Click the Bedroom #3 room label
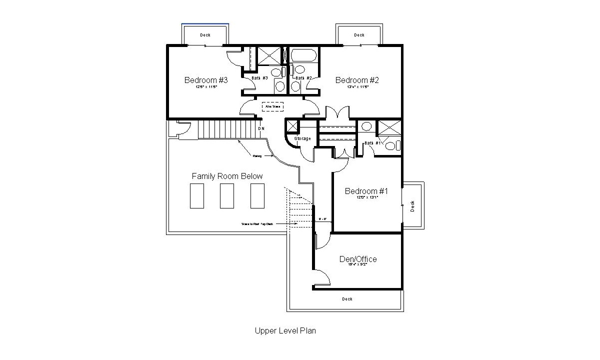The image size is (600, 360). point(206,80)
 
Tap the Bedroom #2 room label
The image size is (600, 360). point(357,80)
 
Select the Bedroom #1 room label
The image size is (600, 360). point(366,191)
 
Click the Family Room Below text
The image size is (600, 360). point(227,176)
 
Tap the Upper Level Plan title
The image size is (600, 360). point(285,330)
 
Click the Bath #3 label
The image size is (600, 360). point(259,78)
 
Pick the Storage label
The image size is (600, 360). point(302,138)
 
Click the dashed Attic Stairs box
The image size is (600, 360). point(273,106)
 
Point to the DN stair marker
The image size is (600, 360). point(261,128)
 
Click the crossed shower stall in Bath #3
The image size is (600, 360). point(269,55)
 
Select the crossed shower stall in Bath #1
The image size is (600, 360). point(388,127)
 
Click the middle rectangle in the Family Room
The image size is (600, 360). point(227,195)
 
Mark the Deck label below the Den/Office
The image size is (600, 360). point(347,299)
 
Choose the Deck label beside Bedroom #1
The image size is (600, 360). point(412,206)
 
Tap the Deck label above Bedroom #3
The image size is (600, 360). point(205,35)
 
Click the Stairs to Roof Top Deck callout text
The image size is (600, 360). point(257,224)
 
